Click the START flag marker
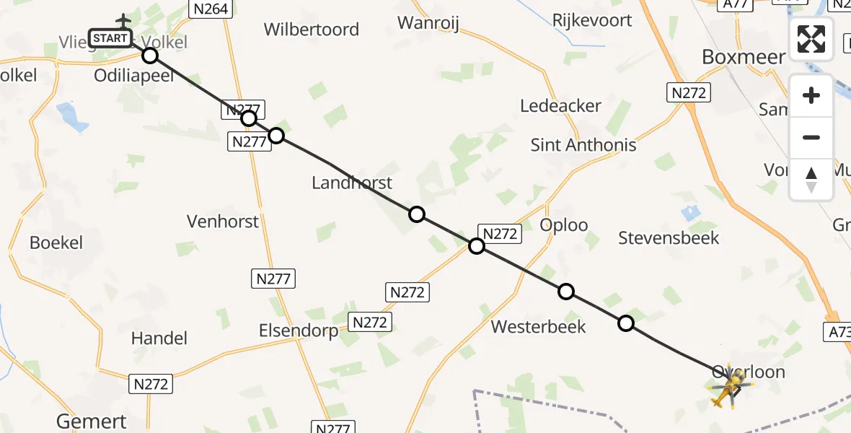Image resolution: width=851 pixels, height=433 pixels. click(110, 38)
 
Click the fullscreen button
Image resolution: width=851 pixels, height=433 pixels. click(811, 39)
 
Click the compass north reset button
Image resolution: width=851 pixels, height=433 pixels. click(811, 179)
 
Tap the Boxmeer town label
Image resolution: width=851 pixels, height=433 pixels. click(743, 57)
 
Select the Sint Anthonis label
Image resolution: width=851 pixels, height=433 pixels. click(583, 145)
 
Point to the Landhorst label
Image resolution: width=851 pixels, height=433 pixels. click(352, 183)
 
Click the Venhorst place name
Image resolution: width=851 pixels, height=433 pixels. click(223, 221)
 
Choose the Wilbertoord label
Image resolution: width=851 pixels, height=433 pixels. click(311, 30)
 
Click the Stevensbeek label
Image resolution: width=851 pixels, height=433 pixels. click(669, 237)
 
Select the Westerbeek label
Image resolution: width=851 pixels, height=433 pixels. click(538, 327)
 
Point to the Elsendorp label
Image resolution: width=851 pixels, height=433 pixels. click(299, 331)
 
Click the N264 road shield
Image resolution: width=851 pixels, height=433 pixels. click(209, 9)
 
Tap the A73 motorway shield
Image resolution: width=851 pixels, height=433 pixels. click(837, 331)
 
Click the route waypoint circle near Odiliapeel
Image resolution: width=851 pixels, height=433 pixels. click(149, 56)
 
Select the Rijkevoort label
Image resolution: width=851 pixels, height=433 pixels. click(591, 20)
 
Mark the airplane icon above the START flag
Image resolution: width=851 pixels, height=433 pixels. click(123, 19)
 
